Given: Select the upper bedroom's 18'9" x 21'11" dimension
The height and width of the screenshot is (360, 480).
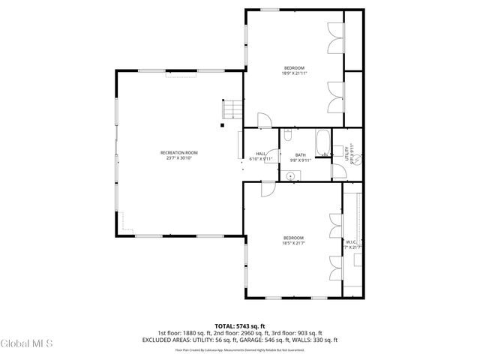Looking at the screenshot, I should coord(294,73).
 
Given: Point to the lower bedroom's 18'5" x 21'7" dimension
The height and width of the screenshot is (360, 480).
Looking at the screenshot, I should coord(293,243).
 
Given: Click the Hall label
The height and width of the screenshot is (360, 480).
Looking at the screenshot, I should coord(260,153).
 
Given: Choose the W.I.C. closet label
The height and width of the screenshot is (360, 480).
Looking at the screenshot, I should coord(351,241).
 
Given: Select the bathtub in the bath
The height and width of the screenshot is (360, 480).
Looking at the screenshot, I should coord(322,142).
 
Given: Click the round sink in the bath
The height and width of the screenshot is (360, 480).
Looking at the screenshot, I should coord(291,175).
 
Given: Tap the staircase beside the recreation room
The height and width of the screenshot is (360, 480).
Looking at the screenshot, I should coord(232,109).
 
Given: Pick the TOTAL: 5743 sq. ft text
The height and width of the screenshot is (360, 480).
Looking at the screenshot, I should coord(239,326).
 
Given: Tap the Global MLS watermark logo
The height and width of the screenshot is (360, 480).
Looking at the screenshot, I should coord(27,343).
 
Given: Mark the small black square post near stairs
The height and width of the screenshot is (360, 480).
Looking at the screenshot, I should coord(222,126).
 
